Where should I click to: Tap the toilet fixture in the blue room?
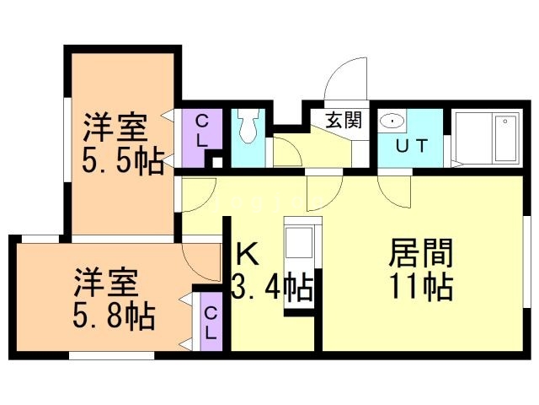point(248,129)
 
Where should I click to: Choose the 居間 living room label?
point(420,252)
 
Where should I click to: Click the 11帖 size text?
point(421,287)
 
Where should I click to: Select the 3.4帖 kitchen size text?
point(272,288)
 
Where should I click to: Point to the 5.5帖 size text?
point(122,161)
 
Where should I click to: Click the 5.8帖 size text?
point(114,316)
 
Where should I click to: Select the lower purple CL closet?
point(211,321)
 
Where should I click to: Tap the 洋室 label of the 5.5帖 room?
point(115,128)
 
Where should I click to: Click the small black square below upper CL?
point(217,163)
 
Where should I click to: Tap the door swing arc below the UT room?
point(395,192)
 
